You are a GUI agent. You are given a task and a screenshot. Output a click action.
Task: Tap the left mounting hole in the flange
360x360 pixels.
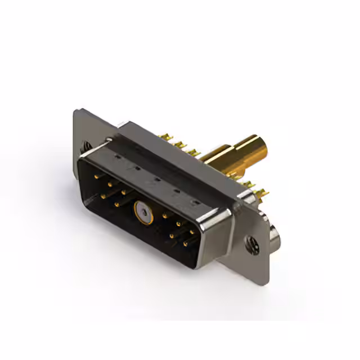pyautogui.click(x=87, y=146)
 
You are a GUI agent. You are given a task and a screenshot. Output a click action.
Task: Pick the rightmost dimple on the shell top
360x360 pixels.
pyautogui.click(x=196, y=200)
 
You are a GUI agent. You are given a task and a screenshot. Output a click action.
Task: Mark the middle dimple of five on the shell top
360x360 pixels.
pyautogui.click(x=156, y=179)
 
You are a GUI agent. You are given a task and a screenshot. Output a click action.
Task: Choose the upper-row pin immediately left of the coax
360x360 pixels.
pyautogui.click(x=124, y=192)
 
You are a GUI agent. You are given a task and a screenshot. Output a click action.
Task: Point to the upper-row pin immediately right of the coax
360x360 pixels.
pyautogui.click(x=165, y=214)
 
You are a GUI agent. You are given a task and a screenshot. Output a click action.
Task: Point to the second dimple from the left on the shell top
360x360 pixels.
pyautogui.click(x=136, y=168)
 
